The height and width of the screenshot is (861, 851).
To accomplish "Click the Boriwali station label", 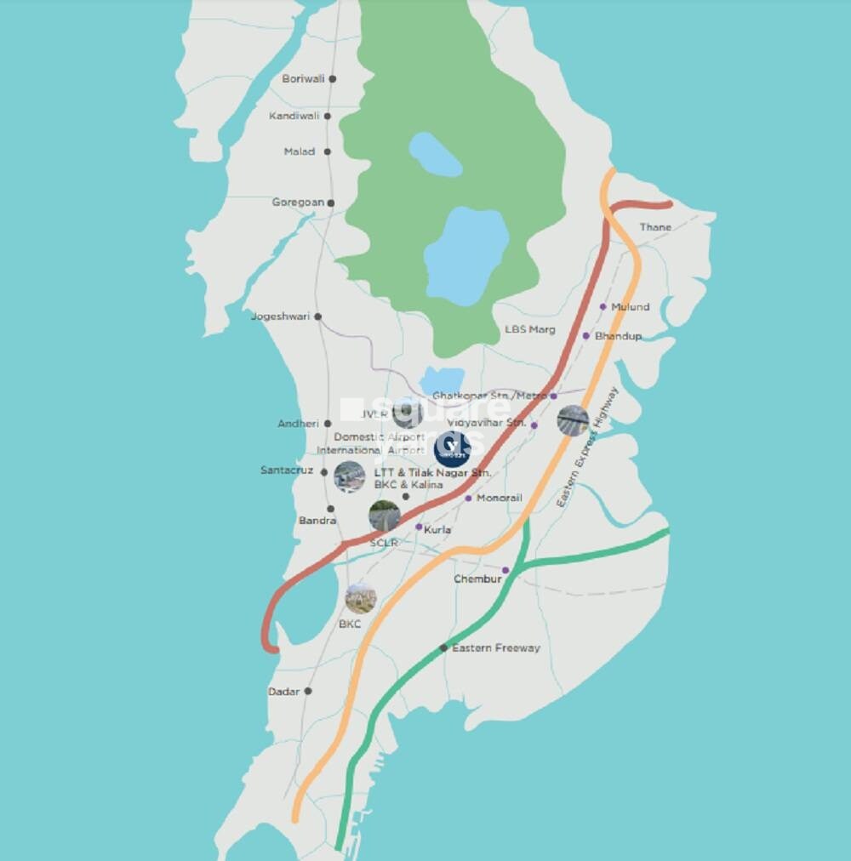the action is [303, 79].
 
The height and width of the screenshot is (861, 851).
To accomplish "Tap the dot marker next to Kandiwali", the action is [328, 116].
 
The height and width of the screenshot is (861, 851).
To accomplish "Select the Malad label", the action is [300, 151].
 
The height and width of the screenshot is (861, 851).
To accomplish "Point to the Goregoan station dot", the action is [331, 202].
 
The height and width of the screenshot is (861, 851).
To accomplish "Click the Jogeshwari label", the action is [278, 316].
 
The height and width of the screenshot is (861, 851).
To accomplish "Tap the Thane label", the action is [655, 227].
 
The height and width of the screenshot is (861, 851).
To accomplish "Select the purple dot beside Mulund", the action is [603, 307].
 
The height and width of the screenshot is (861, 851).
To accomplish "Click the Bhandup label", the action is [618, 336].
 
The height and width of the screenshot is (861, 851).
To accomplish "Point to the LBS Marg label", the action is [529, 329].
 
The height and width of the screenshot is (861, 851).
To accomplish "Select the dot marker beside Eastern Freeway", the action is [443, 648].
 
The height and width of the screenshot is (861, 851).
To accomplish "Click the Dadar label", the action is [284, 692].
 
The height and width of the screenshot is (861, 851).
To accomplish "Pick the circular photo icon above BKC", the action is [361, 599].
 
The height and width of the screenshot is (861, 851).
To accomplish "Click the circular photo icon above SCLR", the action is [385, 516].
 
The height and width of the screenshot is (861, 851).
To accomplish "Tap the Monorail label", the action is [500, 498].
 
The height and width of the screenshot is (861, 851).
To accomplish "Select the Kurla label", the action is [437, 530].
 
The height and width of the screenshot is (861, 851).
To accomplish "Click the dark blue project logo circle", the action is [451, 449].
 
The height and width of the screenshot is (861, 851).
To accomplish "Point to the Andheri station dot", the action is [328, 423].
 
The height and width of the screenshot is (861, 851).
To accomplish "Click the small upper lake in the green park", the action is [435, 154].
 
